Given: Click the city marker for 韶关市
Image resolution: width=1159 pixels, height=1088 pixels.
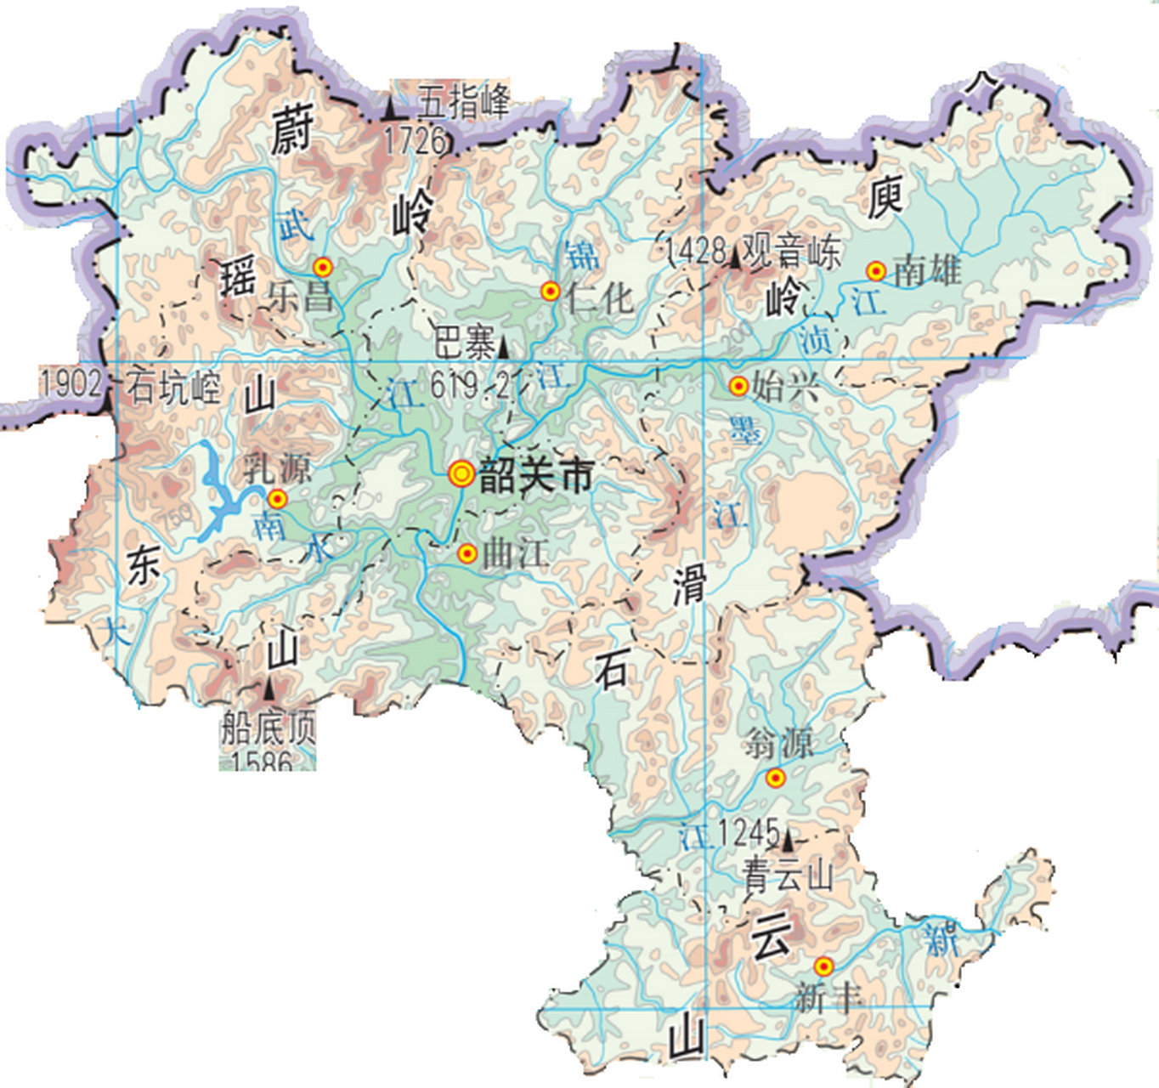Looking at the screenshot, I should coord(461,473).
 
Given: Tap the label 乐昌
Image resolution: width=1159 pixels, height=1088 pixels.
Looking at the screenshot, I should coord(301,297).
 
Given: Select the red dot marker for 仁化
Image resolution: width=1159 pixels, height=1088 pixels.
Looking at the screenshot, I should coord(551,292).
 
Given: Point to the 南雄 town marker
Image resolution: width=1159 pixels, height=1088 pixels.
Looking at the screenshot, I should coord(876,271).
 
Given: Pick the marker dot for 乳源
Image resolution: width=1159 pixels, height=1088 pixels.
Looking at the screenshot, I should coord(277,499).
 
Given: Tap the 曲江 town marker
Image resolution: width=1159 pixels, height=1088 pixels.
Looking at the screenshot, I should coord(466,554).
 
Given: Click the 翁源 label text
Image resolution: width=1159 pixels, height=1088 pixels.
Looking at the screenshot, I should coord(778,744).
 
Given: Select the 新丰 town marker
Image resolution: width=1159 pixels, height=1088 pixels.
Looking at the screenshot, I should coord(823,966).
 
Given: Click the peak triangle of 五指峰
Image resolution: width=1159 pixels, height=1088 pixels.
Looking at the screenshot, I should coord(390,110).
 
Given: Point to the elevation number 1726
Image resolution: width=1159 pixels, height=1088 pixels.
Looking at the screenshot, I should coord(415,140).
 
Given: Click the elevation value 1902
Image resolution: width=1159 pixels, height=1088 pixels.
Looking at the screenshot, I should coord(71,383).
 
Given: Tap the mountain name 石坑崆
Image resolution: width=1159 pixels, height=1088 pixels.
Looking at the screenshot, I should coord(173,388).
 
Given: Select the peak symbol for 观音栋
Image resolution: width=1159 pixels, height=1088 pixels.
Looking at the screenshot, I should coord(734,257).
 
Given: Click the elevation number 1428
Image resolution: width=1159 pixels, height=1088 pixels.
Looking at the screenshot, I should coord(696,250).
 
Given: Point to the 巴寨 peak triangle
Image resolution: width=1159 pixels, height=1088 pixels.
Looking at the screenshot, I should coord(503,347).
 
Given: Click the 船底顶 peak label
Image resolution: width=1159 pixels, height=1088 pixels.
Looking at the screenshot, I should coord(268,728).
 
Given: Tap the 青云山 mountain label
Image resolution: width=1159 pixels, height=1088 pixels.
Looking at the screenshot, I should coord(788,875).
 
